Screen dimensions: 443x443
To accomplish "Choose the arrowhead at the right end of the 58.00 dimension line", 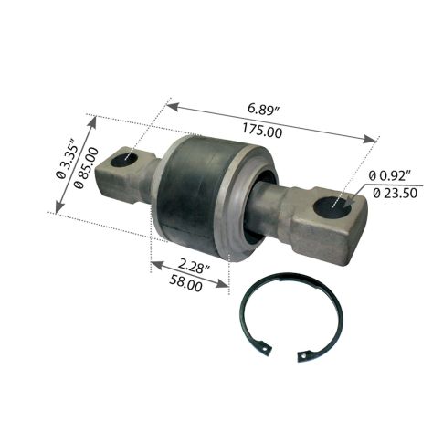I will coord(225,285).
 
